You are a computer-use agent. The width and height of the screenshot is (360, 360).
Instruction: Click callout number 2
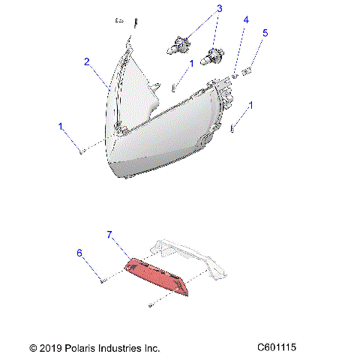click(x=87, y=61)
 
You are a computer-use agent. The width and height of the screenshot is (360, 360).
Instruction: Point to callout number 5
click(x=264, y=33)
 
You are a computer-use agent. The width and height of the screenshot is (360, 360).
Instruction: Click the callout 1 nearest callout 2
click(x=61, y=127)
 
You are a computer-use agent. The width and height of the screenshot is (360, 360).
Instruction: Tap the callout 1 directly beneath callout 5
click(x=250, y=106)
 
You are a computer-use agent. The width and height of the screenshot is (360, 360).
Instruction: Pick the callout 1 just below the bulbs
click(x=190, y=64)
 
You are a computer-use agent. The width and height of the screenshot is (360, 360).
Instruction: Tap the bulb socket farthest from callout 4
click(x=178, y=46)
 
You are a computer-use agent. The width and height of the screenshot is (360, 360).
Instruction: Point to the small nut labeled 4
click(x=235, y=73)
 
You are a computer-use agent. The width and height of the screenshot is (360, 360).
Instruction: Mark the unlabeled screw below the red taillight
click(x=152, y=305)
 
